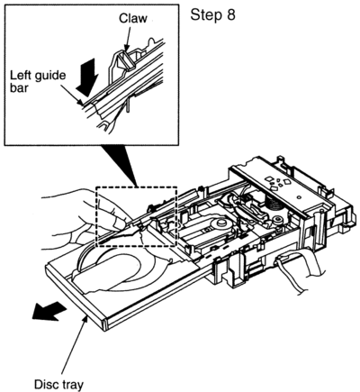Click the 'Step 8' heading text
tap(212, 14)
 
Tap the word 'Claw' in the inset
tap(133, 18)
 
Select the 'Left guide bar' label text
tap(38, 81)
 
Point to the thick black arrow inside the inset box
tap(87, 77)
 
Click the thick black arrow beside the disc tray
tap(49, 311)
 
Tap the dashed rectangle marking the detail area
tap(96, 216)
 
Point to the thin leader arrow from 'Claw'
tap(129, 38)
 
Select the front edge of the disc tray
tap(75, 296)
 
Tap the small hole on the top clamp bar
tap(299, 197)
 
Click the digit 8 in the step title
tap(231, 14)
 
